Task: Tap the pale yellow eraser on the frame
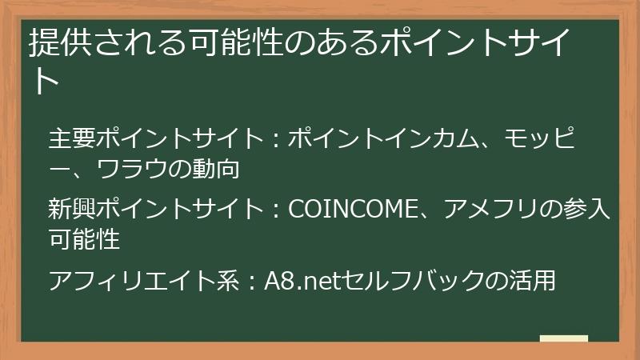click(563, 339)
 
